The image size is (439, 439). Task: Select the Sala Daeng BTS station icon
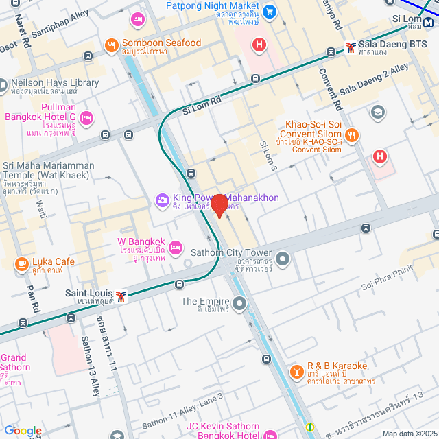tap(351, 47)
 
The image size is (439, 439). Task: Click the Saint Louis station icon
tap(121, 296)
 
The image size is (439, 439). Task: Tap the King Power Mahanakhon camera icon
tap(163, 200)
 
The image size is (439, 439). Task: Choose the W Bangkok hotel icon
tap(176, 246)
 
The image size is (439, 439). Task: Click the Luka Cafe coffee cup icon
tap(21, 263)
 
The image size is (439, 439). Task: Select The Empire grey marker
tap(239, 302)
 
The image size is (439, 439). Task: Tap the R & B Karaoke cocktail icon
tap(296, 371)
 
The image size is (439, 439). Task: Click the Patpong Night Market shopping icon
tap(270, 12)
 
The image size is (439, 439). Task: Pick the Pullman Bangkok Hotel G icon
tap(86, 119)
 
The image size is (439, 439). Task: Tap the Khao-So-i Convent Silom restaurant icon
tap(352, 134)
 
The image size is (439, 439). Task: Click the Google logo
tap(23, 431)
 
